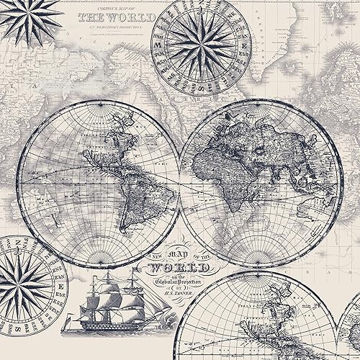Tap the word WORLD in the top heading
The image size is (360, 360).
pyautogui.click(x=132, y=17)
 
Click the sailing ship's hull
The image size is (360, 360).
pyautogui.click(x=100, y=316)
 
